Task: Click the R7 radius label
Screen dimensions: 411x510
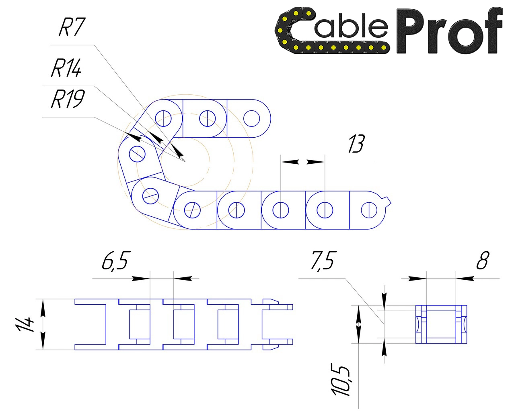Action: pos(72,28)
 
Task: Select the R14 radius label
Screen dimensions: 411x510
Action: pos(66,68)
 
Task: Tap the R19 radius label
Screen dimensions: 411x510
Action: pos(67,99)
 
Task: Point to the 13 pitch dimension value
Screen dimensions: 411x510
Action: pos(356,144)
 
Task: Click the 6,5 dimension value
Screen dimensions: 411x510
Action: pos(115,261)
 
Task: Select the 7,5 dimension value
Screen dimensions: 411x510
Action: pos(322,261)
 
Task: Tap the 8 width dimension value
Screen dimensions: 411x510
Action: pos(482,261)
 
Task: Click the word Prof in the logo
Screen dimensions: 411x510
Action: pos(448,31)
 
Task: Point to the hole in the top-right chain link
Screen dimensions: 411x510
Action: pos(252,118)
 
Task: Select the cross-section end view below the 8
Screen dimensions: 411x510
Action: pos(441,324)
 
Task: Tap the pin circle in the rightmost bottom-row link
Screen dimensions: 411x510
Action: pos(368,210)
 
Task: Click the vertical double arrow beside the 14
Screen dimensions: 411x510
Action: pos(43,324)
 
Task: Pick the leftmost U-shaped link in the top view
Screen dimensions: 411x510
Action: pos(90,324)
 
